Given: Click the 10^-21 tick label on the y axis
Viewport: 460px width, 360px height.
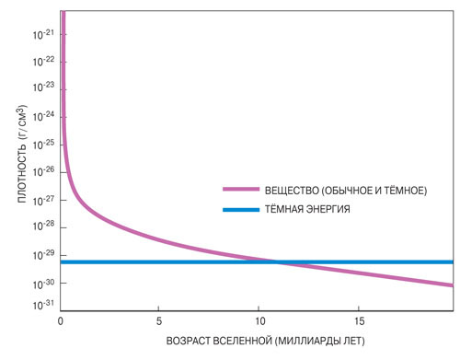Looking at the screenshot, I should (44, 33).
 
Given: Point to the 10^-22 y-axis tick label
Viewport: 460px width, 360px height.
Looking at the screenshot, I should (44, 61).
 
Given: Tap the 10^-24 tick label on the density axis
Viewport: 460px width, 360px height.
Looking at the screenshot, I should (44, 117).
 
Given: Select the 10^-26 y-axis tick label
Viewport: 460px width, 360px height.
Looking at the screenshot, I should (44, 172).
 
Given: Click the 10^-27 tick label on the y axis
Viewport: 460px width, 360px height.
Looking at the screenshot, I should (44, 200).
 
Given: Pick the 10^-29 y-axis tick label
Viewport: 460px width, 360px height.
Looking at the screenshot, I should (44, 255).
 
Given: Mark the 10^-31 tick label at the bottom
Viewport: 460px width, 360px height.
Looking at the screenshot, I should (44, 304).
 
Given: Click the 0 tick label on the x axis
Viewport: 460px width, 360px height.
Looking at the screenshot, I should (60, 320).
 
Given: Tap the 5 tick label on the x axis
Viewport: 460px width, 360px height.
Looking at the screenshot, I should (159, 320).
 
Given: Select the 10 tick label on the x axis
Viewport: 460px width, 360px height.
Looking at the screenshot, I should (259, 320).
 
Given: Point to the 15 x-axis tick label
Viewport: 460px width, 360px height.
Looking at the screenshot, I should (358, 320).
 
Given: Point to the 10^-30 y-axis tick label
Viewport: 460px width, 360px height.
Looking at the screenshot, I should (44, 284).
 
